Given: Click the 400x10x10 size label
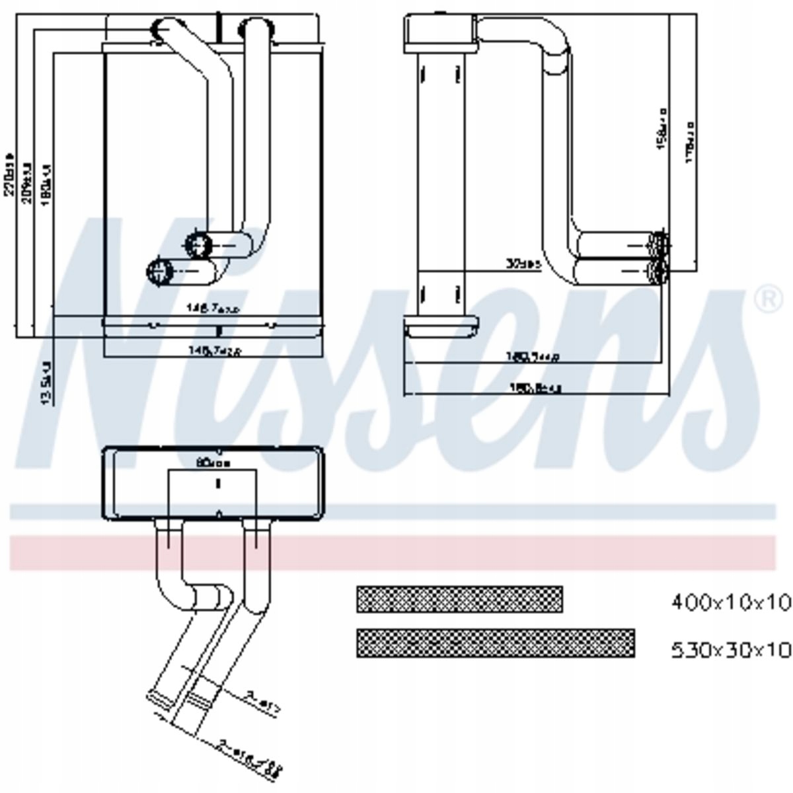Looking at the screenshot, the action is pos(730,601).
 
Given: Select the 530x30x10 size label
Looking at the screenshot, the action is pos(730,650).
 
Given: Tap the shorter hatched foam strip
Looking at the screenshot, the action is pos(459,599).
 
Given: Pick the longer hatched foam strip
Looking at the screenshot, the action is pos(495,643).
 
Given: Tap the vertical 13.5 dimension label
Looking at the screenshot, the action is pos(46,382).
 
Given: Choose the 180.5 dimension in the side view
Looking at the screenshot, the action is pos(533,357).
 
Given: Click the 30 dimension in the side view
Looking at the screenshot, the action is pos(523,264).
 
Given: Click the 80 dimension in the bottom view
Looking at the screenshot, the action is pos(213,463).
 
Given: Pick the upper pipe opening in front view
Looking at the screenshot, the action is pos(197,245).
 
